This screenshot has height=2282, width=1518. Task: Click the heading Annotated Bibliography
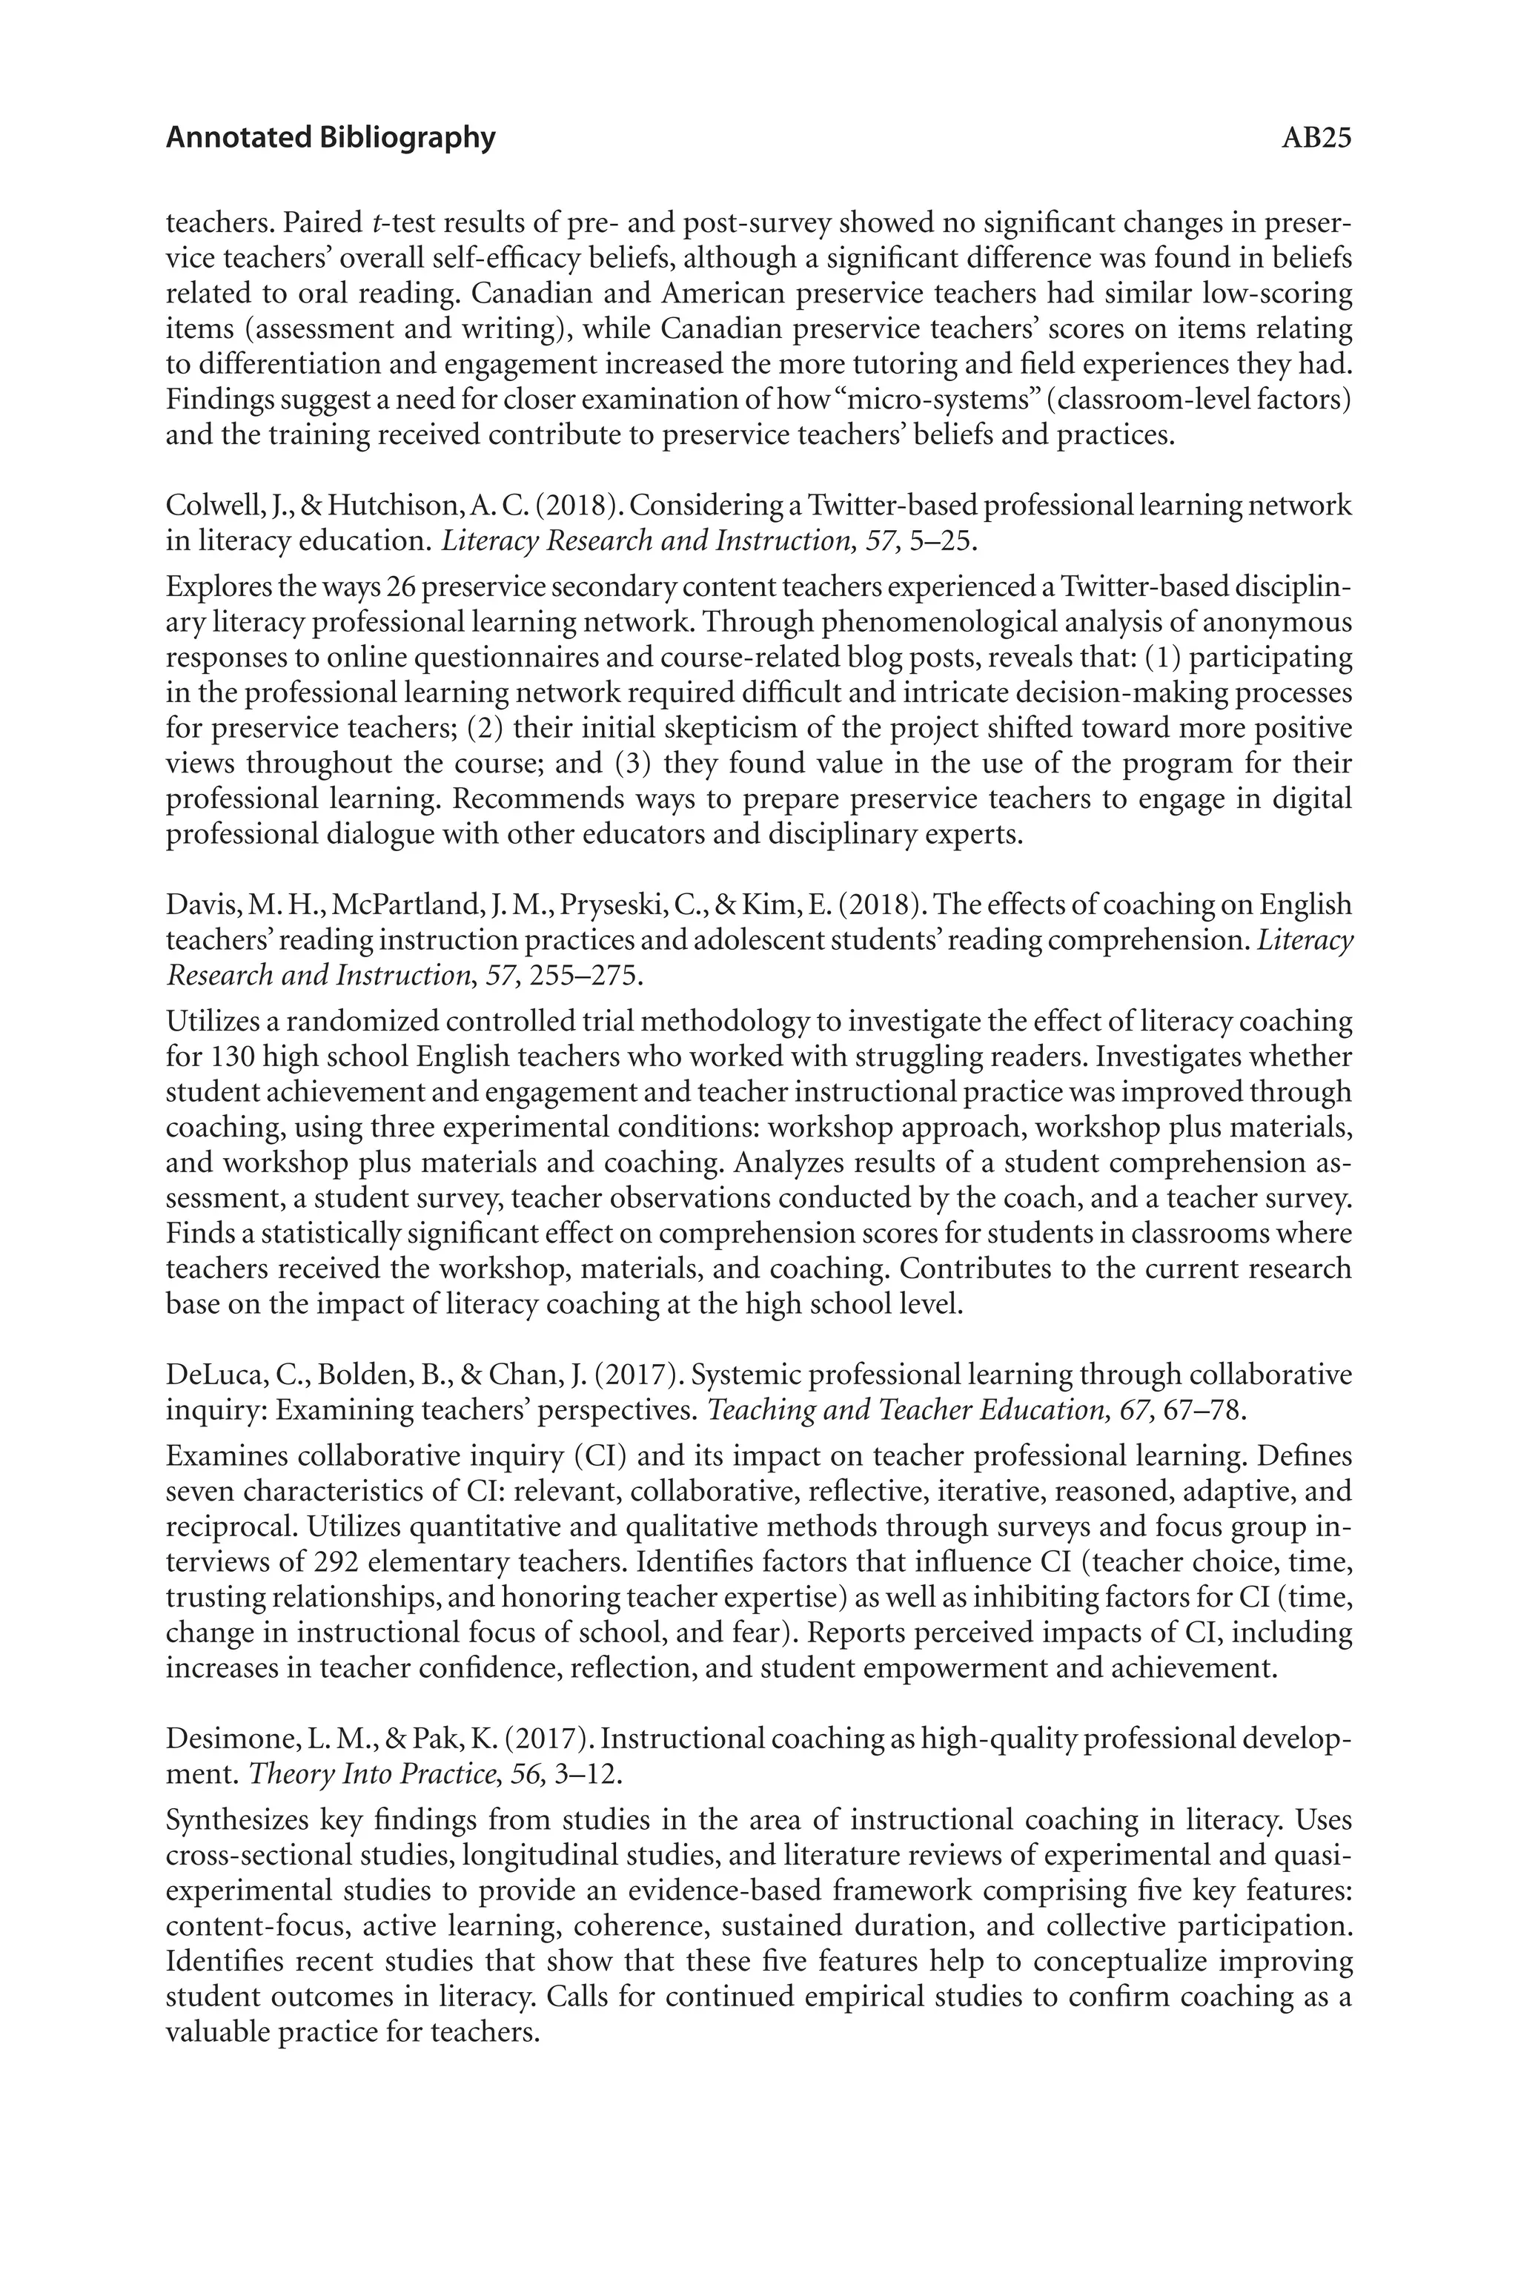click(x=330, y=139)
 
